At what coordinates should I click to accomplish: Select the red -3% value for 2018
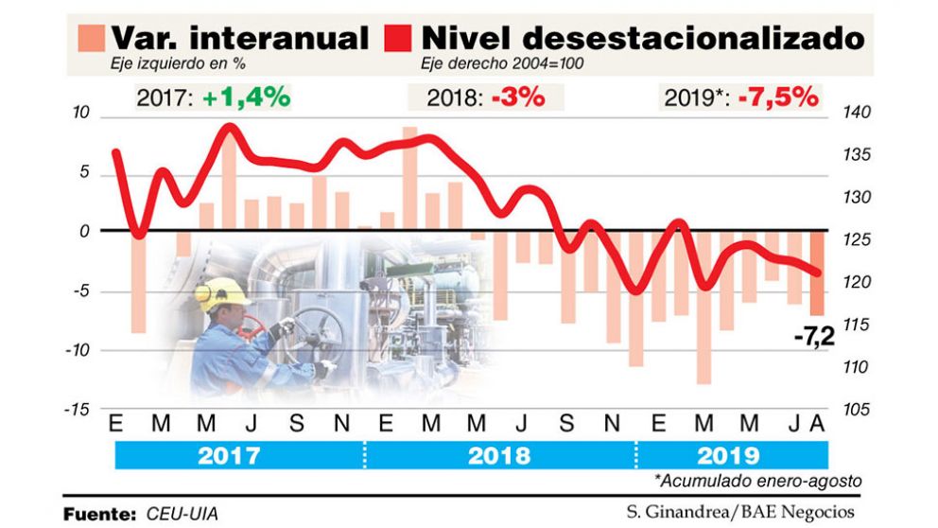(517, 97)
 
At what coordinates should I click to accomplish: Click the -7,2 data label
(815, 332)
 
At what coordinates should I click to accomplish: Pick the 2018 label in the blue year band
(499, 455)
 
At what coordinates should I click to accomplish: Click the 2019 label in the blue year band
(729, 455)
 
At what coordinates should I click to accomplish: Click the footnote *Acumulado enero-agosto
(760, 481)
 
